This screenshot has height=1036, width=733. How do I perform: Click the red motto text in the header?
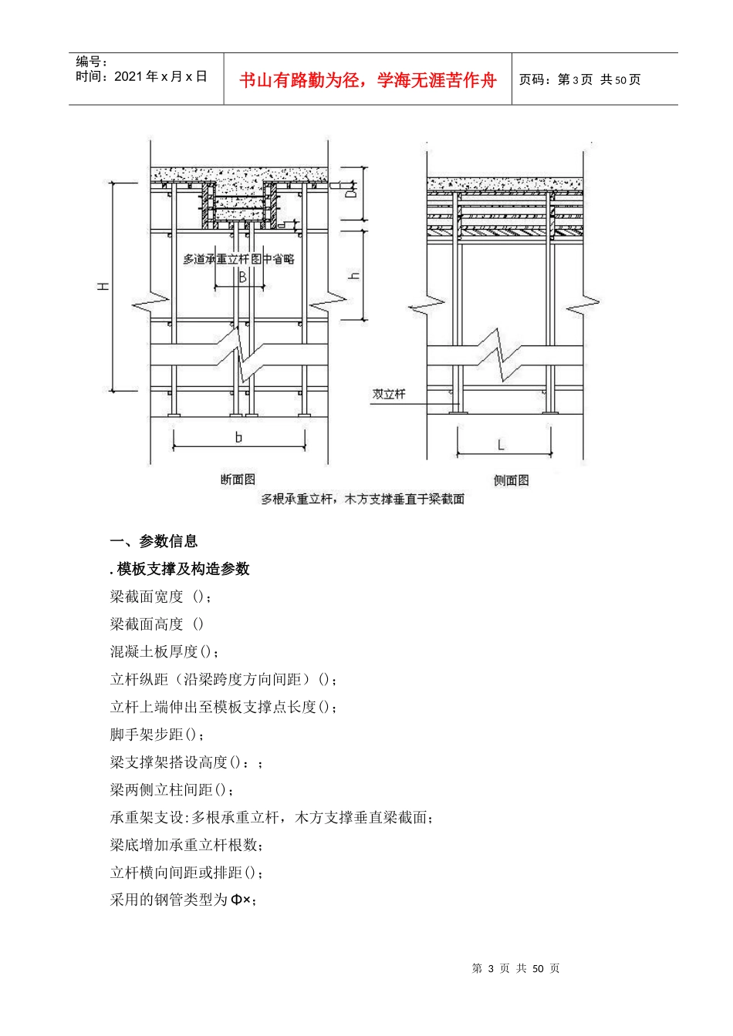click(367, 80)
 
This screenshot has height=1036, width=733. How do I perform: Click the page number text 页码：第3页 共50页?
click(579, 79)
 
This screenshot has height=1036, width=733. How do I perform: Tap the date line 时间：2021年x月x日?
click(141, 76)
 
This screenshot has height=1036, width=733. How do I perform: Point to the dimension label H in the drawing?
click(103, 287)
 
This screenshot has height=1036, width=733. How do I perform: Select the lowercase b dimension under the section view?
click(238, 437)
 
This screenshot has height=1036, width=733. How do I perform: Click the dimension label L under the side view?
click(501, 445)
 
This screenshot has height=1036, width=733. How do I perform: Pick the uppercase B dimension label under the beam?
click(242, 277)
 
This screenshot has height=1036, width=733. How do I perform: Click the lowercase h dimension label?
click(355, 275)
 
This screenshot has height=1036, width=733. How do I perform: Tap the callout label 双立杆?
click(389, 394)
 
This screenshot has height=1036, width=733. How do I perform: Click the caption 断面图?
click(238, 479)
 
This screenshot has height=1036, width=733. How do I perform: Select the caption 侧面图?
click(511, 480)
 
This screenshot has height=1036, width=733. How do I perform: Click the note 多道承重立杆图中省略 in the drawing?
click(238, 259)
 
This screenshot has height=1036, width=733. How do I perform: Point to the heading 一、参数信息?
click(154, 541)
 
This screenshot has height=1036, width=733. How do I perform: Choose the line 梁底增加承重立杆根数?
click(186, 845)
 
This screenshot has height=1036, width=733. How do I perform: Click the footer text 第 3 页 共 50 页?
click(515, 968)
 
